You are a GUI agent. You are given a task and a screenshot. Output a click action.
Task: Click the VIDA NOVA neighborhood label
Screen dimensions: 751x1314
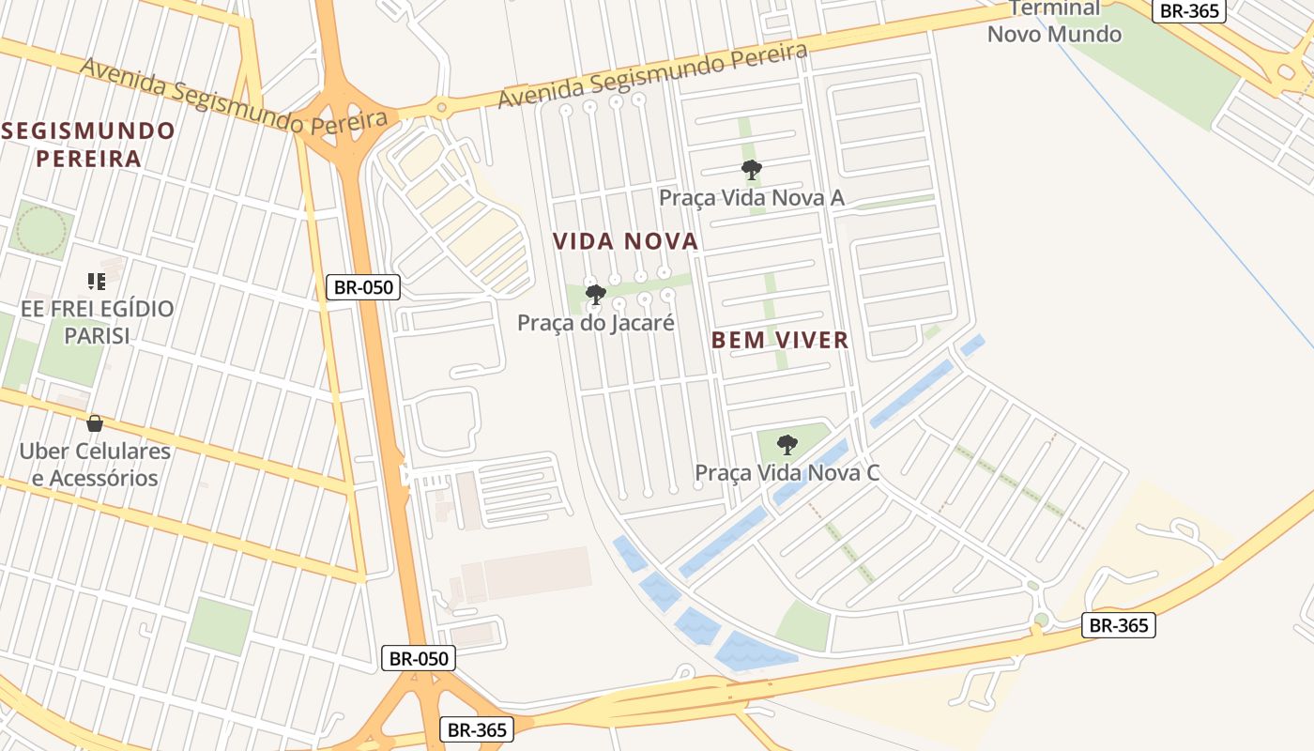pyautogui.click(x=625, y=241)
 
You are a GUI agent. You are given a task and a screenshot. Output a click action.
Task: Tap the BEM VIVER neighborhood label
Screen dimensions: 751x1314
pyautogui.click(x=780, y=340)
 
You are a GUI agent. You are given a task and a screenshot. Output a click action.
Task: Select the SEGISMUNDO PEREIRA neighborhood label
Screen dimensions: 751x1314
pyautogui.click(x=88, y=144)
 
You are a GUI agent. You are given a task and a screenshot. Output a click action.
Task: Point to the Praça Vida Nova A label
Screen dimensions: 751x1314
pyautogui.click(x=752, y=197)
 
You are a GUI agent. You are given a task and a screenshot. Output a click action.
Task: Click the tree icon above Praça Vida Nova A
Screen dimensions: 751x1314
pyautogui.click(x=751, y=170)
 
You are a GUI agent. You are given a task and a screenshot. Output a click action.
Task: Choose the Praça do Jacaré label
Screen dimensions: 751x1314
pyautogui.click(x=597, y=322)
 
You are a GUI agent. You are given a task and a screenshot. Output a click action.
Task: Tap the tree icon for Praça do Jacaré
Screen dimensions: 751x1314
pyautogui.click(x=595, y=295)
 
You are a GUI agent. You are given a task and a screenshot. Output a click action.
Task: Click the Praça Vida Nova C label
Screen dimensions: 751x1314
pyautogui.click(x=787, y=471)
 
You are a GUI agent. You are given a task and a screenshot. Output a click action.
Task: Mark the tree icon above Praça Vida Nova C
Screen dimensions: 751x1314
pyautogui.click(x=787, y=444)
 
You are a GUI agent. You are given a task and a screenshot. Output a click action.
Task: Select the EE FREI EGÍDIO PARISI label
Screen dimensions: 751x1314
pyautogui.click(x=97, y=321)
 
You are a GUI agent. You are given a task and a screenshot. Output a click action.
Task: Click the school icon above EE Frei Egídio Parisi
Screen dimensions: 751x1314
pyautogui.click(x=96, y=281)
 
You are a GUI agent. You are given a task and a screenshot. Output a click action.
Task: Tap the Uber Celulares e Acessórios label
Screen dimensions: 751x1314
pyautogui.click(x=95, y=464)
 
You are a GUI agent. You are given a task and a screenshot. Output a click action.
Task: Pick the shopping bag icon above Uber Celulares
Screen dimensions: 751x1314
pyautogui.click(x=94, y=423)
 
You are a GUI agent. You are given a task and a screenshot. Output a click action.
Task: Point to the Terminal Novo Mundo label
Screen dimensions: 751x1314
pyautogui.click(x=1054, y=22)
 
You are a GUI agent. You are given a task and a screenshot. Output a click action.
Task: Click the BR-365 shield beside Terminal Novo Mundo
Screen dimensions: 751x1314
pyautogui.click(x=1188, y=10)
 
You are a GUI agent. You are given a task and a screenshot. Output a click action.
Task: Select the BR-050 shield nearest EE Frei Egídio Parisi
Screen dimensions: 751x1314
pyautogui.click(x=363, y=287)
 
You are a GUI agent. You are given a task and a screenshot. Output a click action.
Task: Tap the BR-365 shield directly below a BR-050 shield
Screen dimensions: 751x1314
pyautogui.click(x=477, y=729)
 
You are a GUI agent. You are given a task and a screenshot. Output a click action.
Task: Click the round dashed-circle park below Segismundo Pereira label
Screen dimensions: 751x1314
pyautogui.click(x=41, y=230)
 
